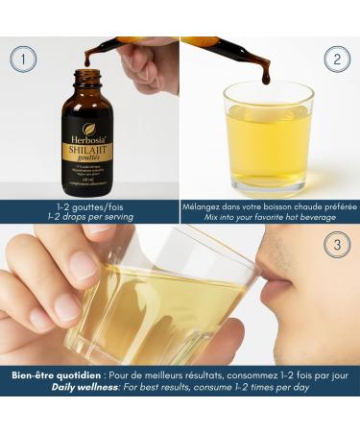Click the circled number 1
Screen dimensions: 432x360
click(x=24, y=60)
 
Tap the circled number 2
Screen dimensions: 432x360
click(x=337, y=60)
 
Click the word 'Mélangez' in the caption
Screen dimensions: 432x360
click(x=206, y=205)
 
